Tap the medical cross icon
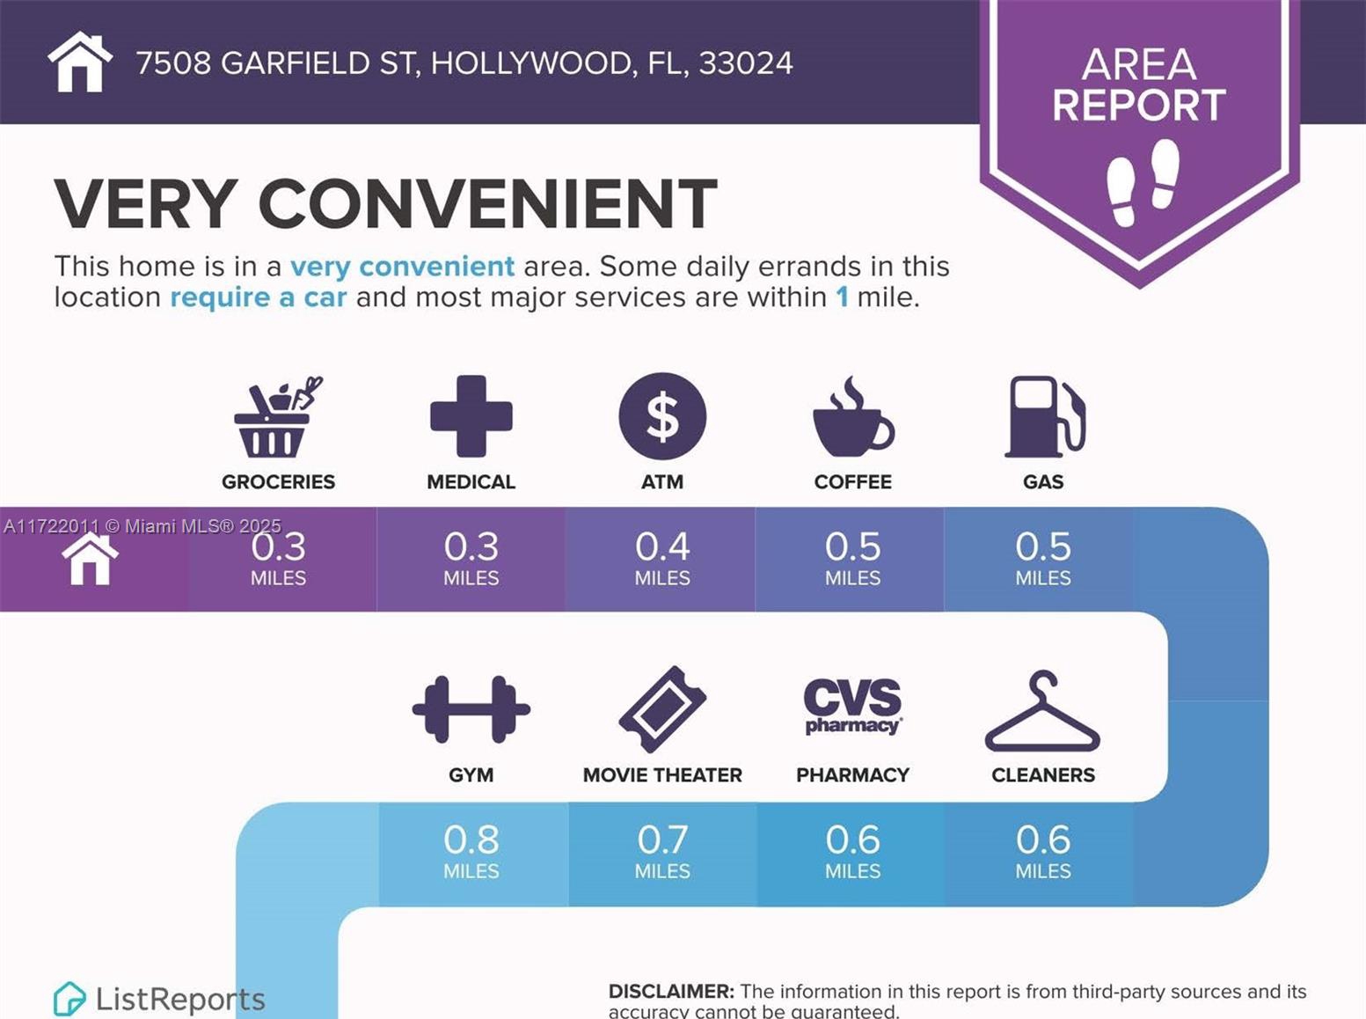click(x=471, y=416)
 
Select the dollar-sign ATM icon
click(x=662, y=416)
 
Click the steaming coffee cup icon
click(x=851, y=419)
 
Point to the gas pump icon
click(x=1044, y=417)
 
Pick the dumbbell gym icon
click(x=471, y=709)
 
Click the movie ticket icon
click(x=662, y=709)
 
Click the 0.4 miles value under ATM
click(x=662, y=558)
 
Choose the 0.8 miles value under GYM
click(x=471, y=851)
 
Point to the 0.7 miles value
click(x=662, y=851)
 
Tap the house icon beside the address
click(x=80, y=62)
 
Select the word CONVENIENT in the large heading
click(x=487, y=204)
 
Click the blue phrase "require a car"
click(x=259, y=297)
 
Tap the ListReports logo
click(x=159, y=999)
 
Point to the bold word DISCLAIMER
click(x=671, y=991)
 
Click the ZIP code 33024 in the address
click(x=746, y=63)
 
